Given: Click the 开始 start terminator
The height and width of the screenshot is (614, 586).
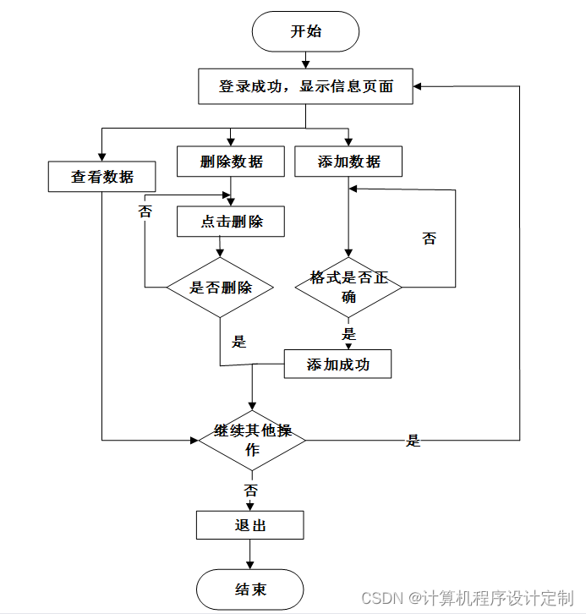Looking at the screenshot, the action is pyautogui.click(x=305, y=31).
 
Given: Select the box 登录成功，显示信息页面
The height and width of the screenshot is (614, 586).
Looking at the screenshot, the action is pyautogui.click(x=305, y=86).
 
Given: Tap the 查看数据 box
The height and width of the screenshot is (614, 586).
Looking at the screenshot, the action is pyautogui.click(x=101, y=177).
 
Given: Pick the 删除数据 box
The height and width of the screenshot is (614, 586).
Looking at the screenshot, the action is pyautogui.click(x=231, y=162).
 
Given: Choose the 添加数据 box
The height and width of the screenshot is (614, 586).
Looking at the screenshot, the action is pyautogui.click(x=348, y=162).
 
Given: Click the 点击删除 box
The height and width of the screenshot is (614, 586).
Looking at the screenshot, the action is pyautogui.click(x=231, y=222).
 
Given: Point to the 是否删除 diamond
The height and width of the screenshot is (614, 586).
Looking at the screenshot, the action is pyautogui.click(x=220, y=287).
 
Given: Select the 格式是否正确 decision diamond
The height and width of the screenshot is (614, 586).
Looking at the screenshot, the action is pyautogui.click(x=348, y=287).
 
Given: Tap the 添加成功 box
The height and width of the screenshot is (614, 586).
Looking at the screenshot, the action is pyautogui.click(x=337, y=364).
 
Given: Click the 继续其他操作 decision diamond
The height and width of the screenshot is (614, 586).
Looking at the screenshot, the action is pyautogui.click(x=252, y=440).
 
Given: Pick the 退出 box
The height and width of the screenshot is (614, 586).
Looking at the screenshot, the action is pyautogui.click(x=249, y=524).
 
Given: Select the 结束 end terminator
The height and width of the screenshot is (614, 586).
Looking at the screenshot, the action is pyautogui.click(x=249, y=589).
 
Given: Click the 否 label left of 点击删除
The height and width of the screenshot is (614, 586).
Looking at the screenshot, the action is pyautogui.click(x=145, y=211).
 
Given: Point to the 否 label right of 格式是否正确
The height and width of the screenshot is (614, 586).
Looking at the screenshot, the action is pyautogui.click(x=429, y=238).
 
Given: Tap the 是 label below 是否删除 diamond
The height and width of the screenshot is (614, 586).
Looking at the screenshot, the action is pyautogui.click(x=238, y=342).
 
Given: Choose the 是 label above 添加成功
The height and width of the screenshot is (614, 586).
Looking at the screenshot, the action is pyautogui.click(x=348, y=334).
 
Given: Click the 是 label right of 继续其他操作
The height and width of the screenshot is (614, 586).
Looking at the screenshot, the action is pyautogui.click(x=413, y=441).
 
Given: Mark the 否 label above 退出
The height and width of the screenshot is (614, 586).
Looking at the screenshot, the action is pyautogui.click(x=250, y=490).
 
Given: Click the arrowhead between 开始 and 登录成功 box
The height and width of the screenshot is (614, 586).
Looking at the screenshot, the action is pyautogui.click(x=306, y=64).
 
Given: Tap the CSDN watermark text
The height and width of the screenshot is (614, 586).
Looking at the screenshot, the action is pyautogui.click(x=467, y=598).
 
